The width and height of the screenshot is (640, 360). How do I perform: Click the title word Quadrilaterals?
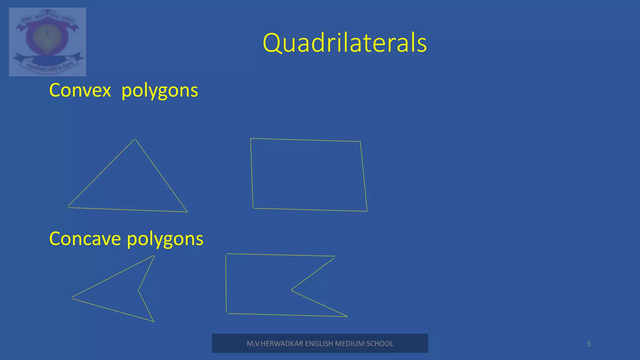[345, 43]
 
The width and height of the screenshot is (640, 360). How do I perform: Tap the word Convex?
[80, 90]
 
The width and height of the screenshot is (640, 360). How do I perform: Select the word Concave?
[85, 239]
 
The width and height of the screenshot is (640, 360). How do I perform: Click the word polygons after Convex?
[159, 91]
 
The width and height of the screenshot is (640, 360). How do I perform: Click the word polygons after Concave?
[165, 239]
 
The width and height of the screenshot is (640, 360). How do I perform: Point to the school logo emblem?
[47, 42]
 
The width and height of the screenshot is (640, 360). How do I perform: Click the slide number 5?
[589, 343]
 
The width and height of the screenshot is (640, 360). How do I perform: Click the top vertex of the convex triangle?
[135, 139]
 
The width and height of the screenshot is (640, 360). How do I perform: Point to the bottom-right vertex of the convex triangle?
[187, 212]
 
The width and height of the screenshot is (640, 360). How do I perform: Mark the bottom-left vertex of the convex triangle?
[68, 207]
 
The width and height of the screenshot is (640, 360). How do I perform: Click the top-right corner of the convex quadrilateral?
[360, 142]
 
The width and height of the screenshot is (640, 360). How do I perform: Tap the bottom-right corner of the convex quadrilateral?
[367, 211]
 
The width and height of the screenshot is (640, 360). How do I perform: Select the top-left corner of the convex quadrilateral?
[251, 138]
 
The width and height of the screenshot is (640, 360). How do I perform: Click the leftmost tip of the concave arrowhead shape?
[72, 298]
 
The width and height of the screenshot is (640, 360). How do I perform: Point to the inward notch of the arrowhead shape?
[138, 290]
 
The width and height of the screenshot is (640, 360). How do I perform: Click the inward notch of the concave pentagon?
[291, 290]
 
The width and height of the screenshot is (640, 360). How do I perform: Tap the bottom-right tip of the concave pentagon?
[347, 317]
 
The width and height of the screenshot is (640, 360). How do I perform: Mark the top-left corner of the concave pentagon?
[226, 254]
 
